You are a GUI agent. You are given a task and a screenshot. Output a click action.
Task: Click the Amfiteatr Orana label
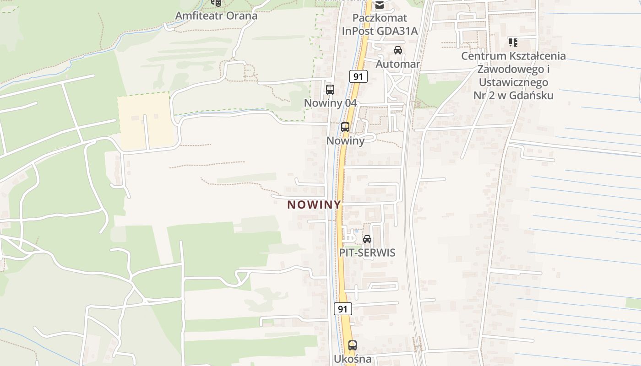216,16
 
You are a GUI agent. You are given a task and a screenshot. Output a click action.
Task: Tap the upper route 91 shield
358,76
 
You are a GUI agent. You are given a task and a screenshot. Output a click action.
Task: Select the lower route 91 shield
342,309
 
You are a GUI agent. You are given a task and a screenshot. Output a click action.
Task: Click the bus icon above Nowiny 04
330,90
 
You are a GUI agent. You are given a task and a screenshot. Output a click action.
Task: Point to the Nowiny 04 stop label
330,103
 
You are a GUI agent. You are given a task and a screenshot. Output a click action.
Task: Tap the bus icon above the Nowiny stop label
345,127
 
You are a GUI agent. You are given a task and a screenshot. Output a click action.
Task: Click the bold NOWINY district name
314,205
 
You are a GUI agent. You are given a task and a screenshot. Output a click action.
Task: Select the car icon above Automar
398,50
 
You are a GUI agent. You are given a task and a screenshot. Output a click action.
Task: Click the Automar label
397,64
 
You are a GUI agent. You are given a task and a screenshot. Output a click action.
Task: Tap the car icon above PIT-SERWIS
367,239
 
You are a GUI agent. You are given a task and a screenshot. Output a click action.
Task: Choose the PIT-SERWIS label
367,253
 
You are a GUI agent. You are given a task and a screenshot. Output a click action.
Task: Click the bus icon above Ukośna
352,345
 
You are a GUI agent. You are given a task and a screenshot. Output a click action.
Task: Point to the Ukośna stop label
352,359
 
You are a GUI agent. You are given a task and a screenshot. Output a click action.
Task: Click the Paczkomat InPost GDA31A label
380,25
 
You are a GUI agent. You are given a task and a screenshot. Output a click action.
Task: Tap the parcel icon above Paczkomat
380,5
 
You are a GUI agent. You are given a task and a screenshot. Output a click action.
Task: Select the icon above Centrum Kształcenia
513,43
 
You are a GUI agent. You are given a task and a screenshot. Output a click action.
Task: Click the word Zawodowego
513,69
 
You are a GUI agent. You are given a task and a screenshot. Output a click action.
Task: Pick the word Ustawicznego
513,82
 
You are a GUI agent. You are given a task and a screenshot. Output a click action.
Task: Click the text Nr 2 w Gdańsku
513,96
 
